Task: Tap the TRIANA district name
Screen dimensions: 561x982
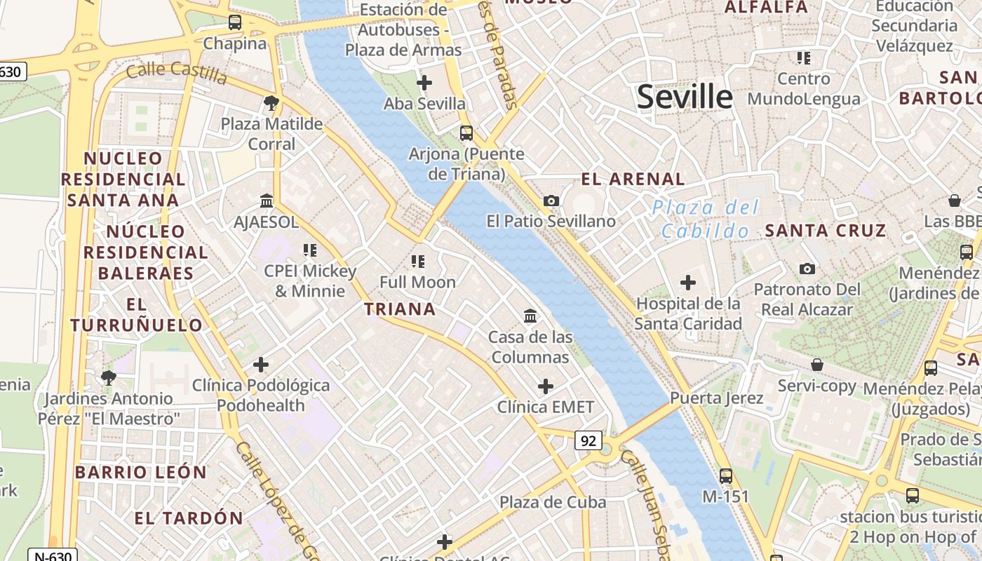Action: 400,309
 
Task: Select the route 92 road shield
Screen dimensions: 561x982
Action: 588,440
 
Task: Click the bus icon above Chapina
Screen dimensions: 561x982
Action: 235,22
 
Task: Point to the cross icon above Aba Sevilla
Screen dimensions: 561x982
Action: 424,83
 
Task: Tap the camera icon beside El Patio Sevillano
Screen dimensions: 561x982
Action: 551,201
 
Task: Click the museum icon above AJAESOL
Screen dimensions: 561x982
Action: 267,201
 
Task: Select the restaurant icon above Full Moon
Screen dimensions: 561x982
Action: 418,262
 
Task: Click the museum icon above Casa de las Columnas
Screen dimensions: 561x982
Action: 530,316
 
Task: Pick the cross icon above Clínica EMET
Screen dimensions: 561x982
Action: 545,386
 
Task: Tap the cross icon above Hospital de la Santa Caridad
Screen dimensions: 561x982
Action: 688,283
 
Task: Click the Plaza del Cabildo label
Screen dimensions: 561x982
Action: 705,219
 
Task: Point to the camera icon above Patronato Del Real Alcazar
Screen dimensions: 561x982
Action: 807,269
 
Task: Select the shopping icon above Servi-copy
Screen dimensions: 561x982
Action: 816,365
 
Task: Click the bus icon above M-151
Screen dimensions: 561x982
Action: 726,475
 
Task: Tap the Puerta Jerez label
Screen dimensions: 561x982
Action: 716,398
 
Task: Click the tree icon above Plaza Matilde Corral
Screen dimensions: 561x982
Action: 271,104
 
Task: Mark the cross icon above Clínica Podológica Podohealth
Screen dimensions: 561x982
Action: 261,365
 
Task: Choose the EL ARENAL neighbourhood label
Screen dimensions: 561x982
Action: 633,179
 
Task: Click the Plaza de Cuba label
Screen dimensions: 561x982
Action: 553,502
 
